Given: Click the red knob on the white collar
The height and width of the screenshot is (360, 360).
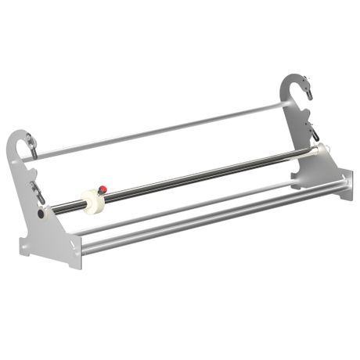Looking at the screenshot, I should point(102,189).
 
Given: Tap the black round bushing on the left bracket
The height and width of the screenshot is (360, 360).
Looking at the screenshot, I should point(41,214).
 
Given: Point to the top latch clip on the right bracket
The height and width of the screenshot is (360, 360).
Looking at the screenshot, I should point(308,91).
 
